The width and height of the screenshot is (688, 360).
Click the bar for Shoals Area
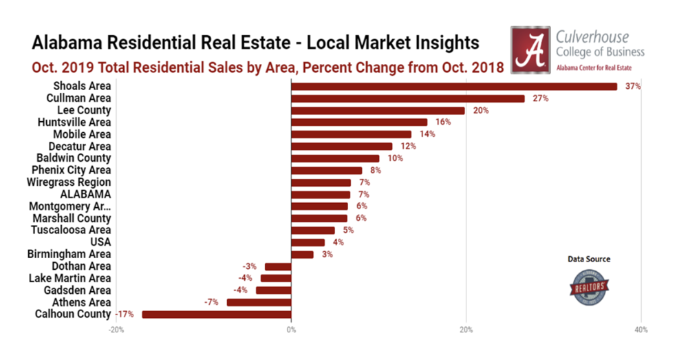coord(454,87)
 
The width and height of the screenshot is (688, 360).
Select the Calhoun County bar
coord(217,315)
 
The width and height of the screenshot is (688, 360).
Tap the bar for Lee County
coord(378,110)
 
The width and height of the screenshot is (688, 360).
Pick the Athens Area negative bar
coord(259,302)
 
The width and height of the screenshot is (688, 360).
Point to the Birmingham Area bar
coord(302,255)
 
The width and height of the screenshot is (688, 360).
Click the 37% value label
coord(633,87)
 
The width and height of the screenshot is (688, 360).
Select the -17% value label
coord(125,315)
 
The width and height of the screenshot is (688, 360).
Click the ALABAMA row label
coord(86,194)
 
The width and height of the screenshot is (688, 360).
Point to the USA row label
coord(100,242)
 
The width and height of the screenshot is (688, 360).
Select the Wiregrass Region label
coord(69,182)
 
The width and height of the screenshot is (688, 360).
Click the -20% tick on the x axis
coord(116,330)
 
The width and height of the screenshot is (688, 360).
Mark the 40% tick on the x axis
coord(641,330)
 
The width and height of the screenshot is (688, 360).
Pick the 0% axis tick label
coord(291,330)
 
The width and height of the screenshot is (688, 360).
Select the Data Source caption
coord(589,260)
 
